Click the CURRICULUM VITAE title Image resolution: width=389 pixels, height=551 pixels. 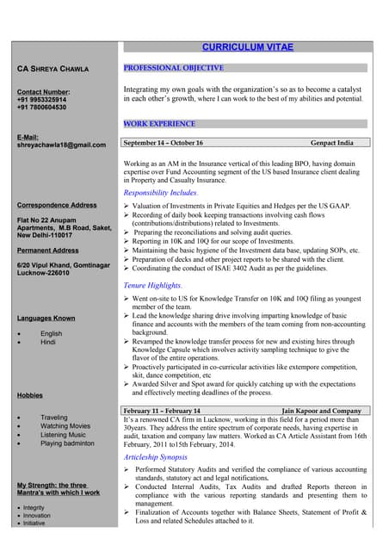(247, 46)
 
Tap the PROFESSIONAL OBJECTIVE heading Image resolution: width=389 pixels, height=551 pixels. (174, 67)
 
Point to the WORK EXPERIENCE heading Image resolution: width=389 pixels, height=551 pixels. (159, 124)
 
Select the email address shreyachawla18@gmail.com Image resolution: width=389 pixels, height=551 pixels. (61, 145)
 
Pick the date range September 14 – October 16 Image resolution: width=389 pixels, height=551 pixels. (164, 143)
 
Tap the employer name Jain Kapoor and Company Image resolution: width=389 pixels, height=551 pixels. (321, 412)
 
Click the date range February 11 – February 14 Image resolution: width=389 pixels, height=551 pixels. (163, 412)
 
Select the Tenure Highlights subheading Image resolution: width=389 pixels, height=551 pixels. (153, 284)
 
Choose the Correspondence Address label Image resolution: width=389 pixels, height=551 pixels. (57, 205)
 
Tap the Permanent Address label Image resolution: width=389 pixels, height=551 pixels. (48, 251)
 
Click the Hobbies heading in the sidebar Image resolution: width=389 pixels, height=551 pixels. (30, 395)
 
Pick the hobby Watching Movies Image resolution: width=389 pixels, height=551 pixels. (65, 426)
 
